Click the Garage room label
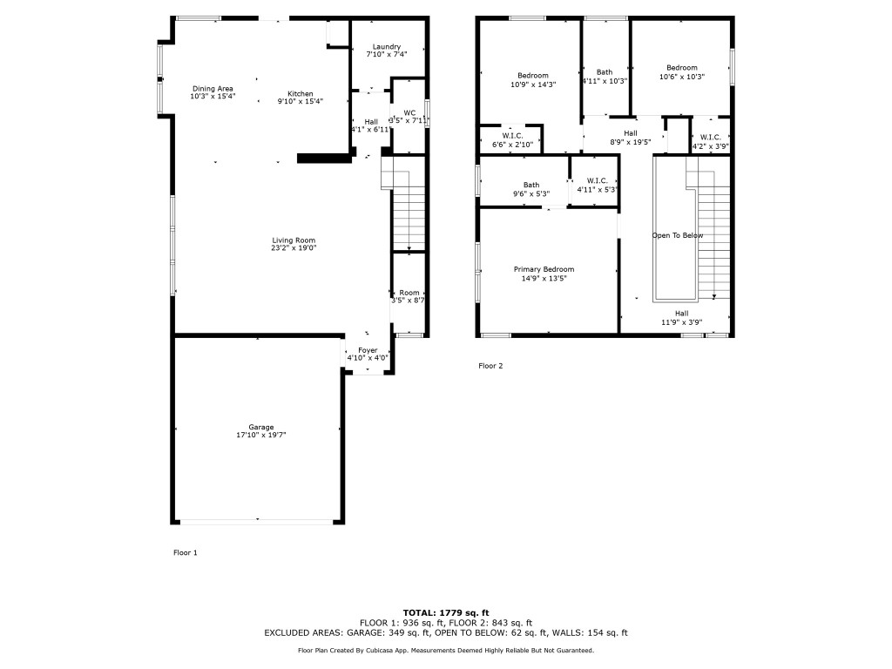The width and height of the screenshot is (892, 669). click(x=260, y=427)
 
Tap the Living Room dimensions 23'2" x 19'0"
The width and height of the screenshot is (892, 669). click(x=293, y=248)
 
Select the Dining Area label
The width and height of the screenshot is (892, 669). click(x=213, y=89)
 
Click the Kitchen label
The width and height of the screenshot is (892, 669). click(x=301, y=94)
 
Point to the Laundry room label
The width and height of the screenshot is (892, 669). click(x=386, y=46)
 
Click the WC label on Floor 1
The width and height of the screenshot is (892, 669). click(x=409, y=112)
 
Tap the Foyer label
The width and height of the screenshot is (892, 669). click(x=368, y=349)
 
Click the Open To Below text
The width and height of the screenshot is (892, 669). click(x=678, y=236)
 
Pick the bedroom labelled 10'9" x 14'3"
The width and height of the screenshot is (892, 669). click(x=533, y=76)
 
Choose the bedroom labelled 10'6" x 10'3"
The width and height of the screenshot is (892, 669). click(x=682, y=68)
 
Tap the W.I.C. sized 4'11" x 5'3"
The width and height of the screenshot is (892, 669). click(x=597, y=180)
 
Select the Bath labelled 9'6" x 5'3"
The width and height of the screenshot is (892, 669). click(x=531, y=185)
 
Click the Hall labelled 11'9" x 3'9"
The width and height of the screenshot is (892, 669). click(x=681, y=314)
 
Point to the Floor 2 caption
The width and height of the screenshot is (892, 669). click(x=490, y=366)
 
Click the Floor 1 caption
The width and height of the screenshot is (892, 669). click(x=186, y=552)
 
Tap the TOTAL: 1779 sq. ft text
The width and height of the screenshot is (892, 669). click(x=445, y=612)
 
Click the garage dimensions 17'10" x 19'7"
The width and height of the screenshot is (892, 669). click(x=260, y=435)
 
